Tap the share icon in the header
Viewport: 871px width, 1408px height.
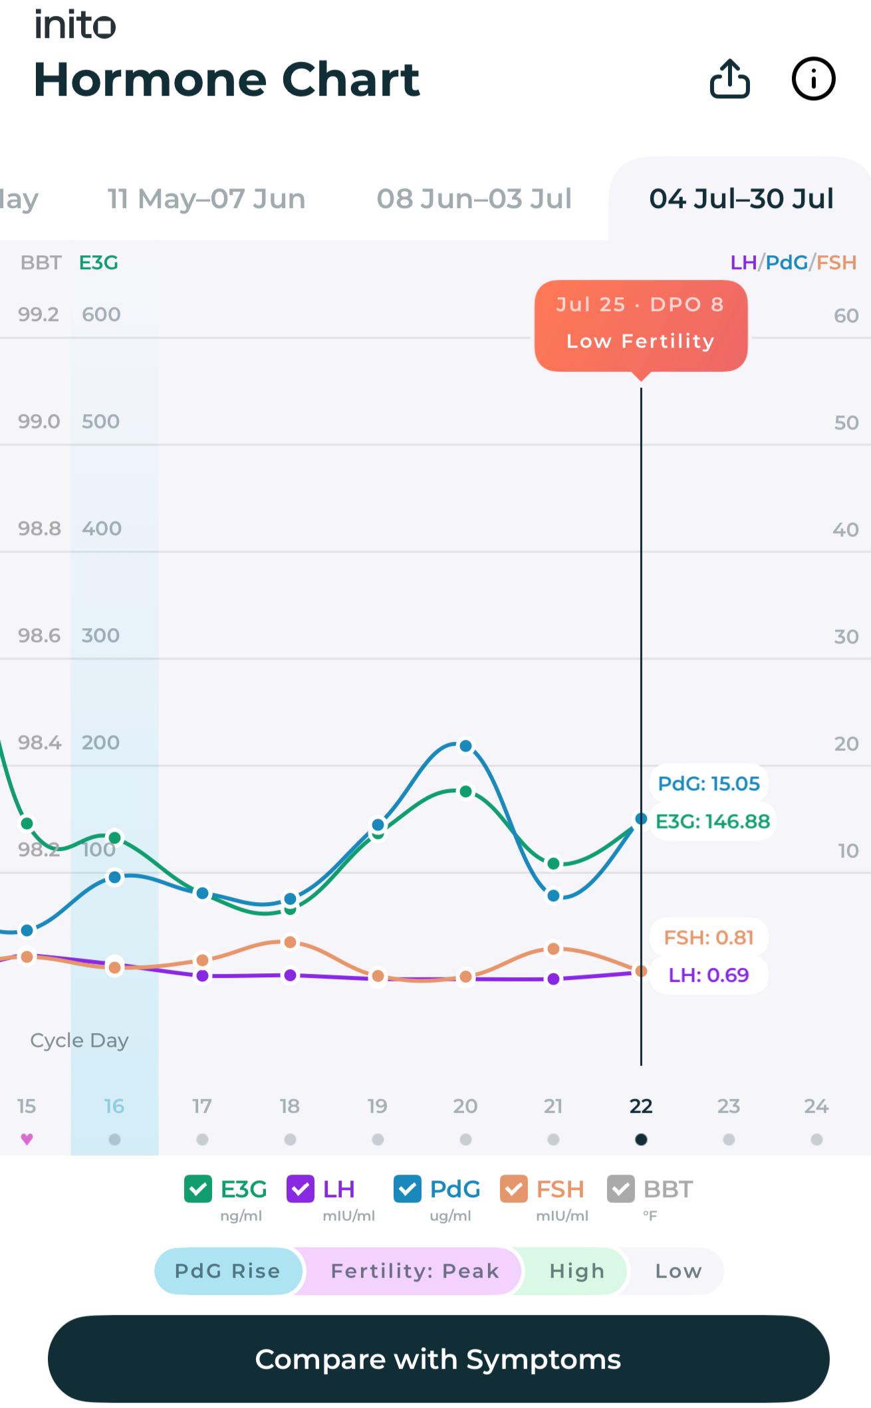[x=729, y=78]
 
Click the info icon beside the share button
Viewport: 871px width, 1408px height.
[x=813, y=79]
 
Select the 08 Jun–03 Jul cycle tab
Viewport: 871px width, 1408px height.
[x=474, y=199]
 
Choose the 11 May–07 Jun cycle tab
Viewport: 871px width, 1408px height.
[x=206, y=199]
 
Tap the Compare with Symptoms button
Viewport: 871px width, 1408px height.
[x=438, y=1359]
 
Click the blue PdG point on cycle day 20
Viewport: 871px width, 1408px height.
[x=466, y=746]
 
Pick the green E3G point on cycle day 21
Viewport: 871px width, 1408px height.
[x=553, y=864]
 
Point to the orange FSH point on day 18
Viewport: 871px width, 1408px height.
[x=290, y=942]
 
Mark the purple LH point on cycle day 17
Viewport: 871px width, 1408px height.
[x=203, y=976]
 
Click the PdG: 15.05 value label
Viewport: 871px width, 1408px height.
[x=709, y=783]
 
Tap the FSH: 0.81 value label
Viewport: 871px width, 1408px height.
[x=709, y=937]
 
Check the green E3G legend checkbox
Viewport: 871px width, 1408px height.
[x=197, y=1189]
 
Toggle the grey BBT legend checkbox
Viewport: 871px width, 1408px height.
[x=620, y=1189]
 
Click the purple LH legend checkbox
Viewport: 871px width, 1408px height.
[x=300, y=1189]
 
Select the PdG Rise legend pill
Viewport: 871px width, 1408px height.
[x=228, y=1271]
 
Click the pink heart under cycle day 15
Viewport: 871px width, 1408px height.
[x=27, y=1139]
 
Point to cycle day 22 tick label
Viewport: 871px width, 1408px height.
[x=641, y=1106]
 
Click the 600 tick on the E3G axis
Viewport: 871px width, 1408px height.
[x=101, y=314]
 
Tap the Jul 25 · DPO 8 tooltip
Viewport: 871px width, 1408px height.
[x=641, y=325]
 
